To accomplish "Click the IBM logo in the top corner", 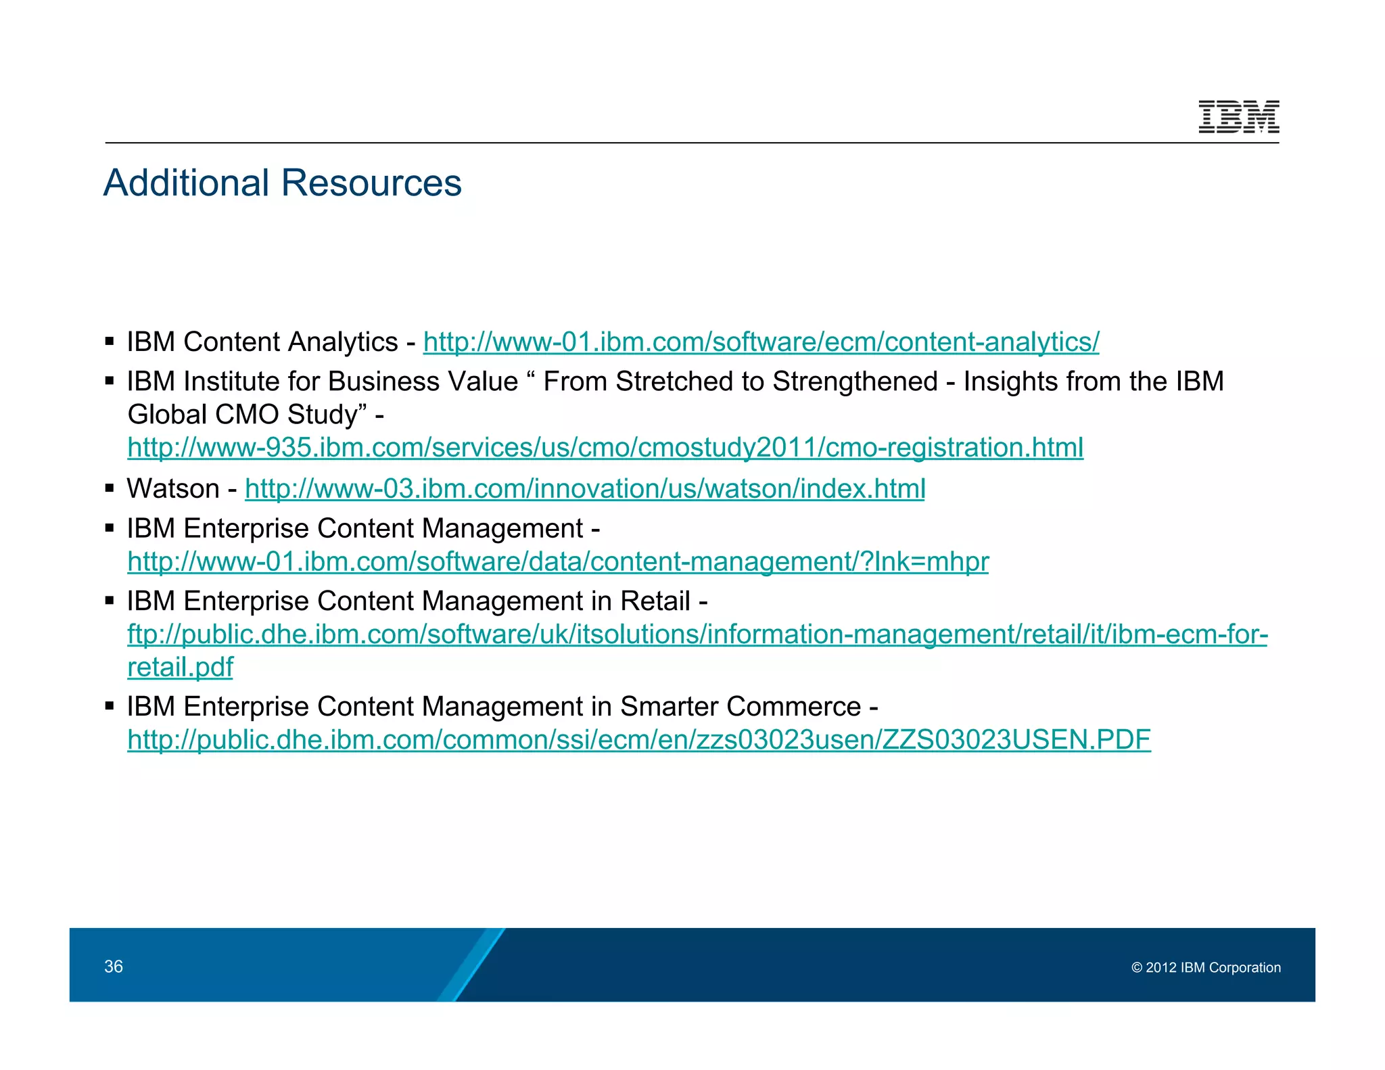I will [1238, 116].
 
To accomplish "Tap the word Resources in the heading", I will [371, 183].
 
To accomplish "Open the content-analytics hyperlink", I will [761, 342].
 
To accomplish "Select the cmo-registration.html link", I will [605, 448].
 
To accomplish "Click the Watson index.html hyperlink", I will [585, 489].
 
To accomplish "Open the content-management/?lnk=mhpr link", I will [558, 562].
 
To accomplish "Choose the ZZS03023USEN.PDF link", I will [639, 740].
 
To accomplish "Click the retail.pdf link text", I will [180, 668].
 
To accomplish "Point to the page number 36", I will [114, 967].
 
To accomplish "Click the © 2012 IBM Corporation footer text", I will [1206, 968].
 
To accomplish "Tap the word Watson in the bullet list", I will [173, 489].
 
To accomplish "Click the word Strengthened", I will [855, 382].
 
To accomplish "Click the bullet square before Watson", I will [110, 488].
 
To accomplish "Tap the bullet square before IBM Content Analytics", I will [110, 342].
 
